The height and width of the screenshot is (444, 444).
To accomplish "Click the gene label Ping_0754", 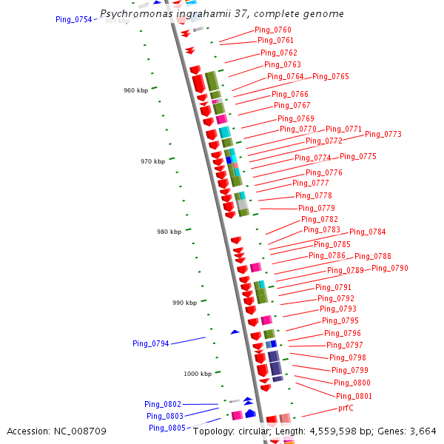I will pyautogui.click(x=74, y=19).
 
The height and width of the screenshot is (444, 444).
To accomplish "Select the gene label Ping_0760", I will pyautogui.click(x=273, y=30).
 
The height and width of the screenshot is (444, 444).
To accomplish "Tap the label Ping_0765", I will pyautogui.click(x=331, y=76).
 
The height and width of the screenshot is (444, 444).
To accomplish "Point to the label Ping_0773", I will pyautogui.click(x=383, y=134).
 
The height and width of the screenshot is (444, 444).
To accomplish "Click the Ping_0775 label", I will pyautogui.click(x=358, y=156).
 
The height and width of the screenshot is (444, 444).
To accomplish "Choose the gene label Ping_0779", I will pyautogui.click(x=317, y=208).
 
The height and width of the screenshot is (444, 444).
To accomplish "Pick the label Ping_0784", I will pyautogui.click(x=368, y=232).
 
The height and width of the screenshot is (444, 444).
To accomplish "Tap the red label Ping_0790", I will pyautogui.click(x=390, y=268).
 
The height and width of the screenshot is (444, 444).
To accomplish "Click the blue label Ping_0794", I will pyautogui.click(x=151, y=343).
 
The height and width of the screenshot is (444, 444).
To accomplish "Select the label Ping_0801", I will pyautogui.click(x=354, y=396).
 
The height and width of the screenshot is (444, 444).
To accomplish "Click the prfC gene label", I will pyautogui.click(x=346, y=408).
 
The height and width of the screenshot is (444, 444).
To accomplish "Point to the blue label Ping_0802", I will pyautogui.click(x=163, y=404).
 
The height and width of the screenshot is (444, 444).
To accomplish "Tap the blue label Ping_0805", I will pyautogui.click(x=167, y=428).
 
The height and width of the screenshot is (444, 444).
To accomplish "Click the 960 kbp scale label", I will pyautogui.click(x=135, y=90).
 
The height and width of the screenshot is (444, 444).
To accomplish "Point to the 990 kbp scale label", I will pyautogui.click(x=185, y=303).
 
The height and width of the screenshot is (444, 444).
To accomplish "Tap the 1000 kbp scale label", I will pyautogui.click(x=198, y=374).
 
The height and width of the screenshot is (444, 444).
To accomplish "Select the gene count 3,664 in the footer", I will pyautogui.click(x=423, y=431).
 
